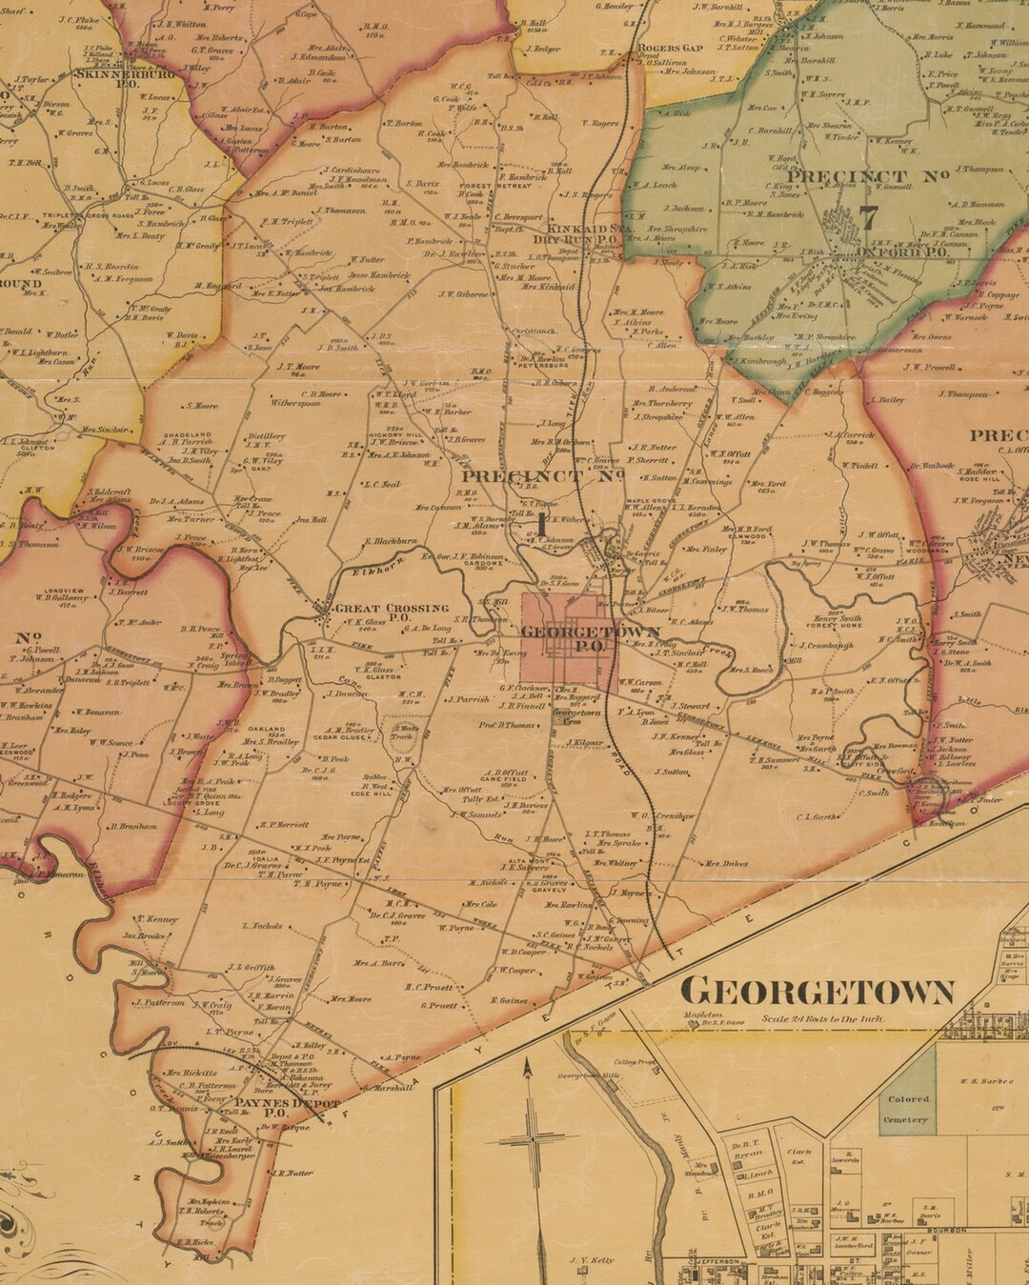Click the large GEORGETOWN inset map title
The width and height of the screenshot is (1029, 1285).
point(817,992)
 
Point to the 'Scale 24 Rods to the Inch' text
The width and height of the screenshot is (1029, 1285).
point(822,1018)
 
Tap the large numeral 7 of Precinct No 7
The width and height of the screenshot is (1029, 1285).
point(868,217)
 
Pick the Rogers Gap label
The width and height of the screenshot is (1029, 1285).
point(671,48)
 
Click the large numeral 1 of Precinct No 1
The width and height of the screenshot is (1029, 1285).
point(543,522)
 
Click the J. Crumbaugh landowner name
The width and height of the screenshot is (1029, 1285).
point(826,645)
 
